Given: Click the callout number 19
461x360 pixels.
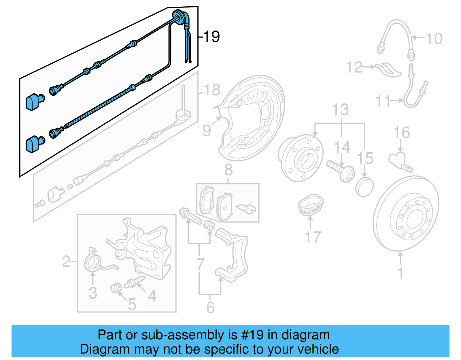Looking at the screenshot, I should pyautogui.click(x=211, y=37).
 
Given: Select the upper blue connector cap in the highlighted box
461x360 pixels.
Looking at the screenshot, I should pyautogui.click(x=34, y=101).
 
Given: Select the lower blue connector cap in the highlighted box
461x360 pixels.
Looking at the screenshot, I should pyautogui.click(x=34, y=144).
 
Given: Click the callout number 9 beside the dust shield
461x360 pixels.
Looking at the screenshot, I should pyautogui.click(x=207, y=130).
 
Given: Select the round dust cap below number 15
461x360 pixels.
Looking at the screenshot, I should pyautogui.click(x=364, y=187).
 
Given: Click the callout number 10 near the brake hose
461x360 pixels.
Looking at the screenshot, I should pyautogui.click(x=434, y=39).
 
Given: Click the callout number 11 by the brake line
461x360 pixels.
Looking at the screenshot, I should pyautogui.click(x=383, y=101).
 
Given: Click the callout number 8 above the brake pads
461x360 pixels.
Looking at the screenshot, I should pyautogui.click(x=228, y=170).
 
